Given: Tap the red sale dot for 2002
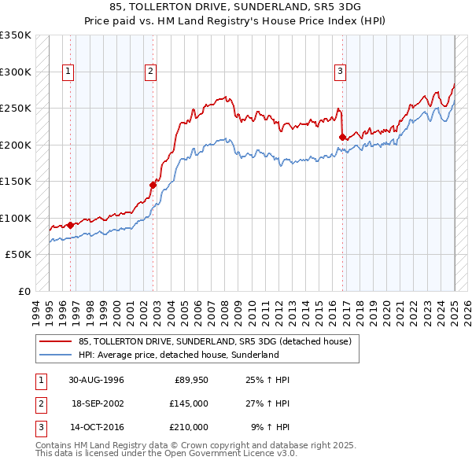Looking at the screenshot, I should point(153,185).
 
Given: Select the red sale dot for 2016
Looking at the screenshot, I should point(342,137).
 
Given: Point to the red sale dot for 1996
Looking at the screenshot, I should point(71,225).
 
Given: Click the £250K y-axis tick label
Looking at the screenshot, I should point(16,108).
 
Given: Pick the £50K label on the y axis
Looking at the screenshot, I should point(18,255).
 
